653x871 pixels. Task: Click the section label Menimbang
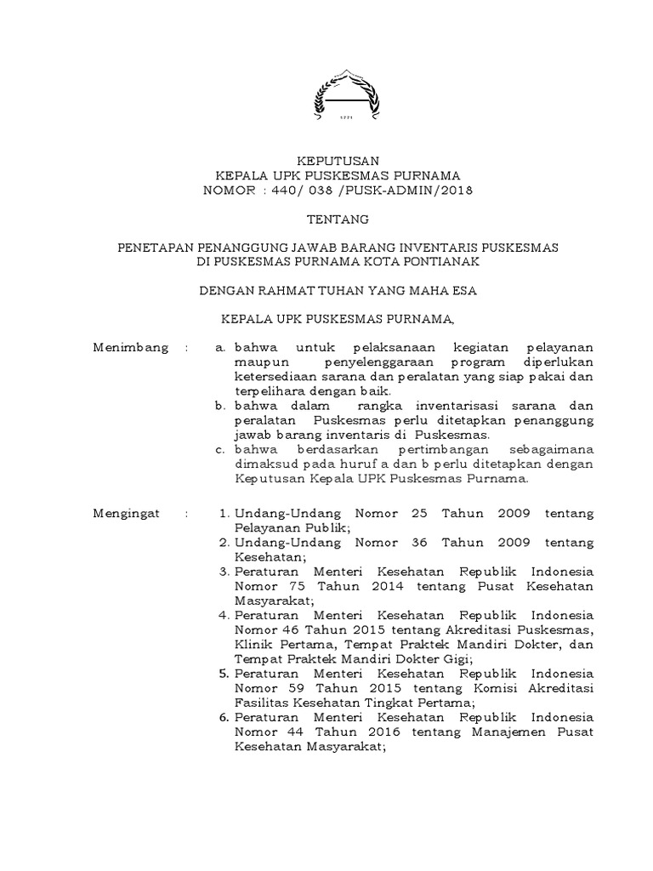pyautogui.click(x=129, y=348)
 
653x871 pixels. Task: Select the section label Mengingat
pyautogui.click(x=129, y=514)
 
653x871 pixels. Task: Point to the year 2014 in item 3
pyautogui.click(x=392, y=586)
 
